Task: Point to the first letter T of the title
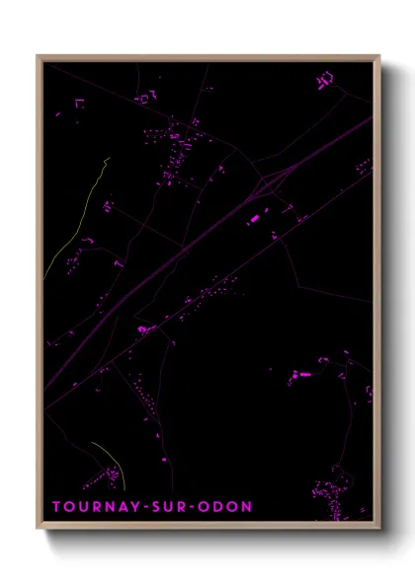coord(56,507)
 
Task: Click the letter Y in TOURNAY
coord(133,507)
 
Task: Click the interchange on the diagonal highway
coord(269,181)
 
